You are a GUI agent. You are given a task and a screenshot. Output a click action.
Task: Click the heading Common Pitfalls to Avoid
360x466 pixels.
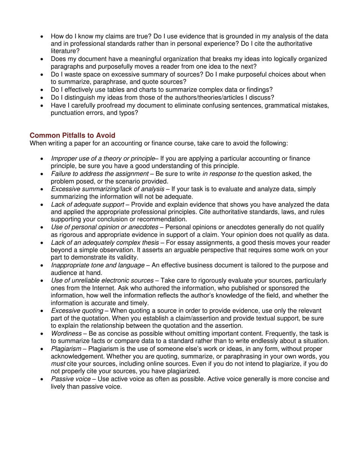pyautogui.click(x=72, y=135)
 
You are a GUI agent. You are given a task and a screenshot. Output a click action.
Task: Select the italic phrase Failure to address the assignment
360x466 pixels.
pyautogui.click(x=100, y=174)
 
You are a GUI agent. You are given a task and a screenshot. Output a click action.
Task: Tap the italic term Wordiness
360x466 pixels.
pyautogui.click(x=66, y=333)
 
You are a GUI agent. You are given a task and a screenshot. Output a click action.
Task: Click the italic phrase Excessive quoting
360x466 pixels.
pyautogui.click(x=77, y=311)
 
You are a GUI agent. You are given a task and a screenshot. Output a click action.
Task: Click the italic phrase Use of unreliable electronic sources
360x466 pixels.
pyautogui.click(x=102, y=280)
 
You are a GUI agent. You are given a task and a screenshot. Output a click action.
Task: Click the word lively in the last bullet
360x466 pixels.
pyautogui.click(x=59, y=387)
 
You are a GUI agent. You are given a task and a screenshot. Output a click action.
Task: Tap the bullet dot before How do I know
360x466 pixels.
pyautogui.click(x=42, y=36)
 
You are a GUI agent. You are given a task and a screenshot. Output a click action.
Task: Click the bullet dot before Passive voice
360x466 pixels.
pyautogui.click(x=42, y=379)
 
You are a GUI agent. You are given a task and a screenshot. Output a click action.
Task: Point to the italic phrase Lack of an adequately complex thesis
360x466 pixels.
pyautogui.click(x=105, y=242)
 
